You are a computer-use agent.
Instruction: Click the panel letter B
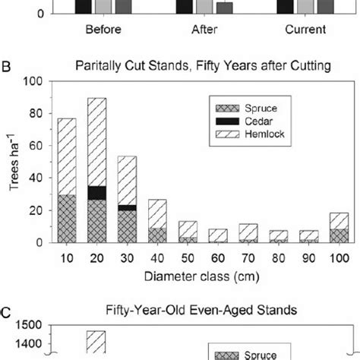pos(6,66)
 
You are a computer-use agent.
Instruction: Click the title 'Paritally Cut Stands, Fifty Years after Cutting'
pos(203,66)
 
